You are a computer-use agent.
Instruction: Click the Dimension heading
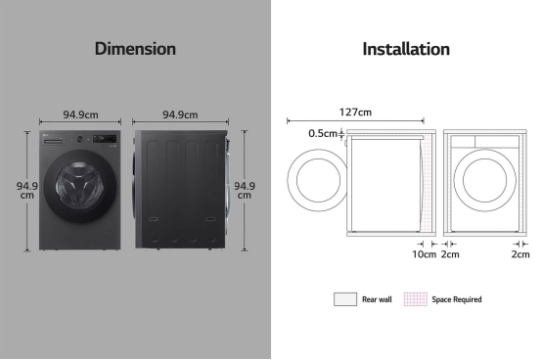coord(135,49)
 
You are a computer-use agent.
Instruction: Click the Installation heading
coord(406,49)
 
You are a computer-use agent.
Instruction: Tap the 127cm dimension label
coord(355,112)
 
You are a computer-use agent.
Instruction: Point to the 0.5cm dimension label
coord(323,133)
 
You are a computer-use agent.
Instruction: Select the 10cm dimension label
coord(424,254)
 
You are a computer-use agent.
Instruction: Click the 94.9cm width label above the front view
coord(80,114)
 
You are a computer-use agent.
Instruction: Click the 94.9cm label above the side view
coord(180,114)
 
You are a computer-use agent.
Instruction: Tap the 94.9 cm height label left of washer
coord(27,191)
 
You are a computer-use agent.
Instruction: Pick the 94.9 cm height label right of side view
coord(245,191)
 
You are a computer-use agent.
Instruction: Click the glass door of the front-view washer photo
coord(80,186)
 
